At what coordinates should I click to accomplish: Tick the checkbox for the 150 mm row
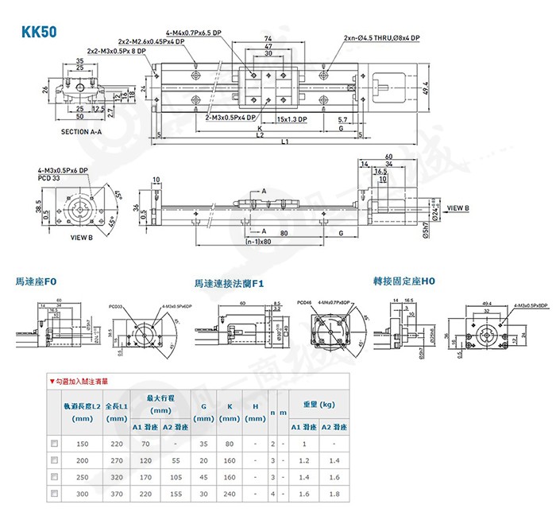tap(54, 443)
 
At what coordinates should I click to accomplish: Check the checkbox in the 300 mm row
tap(54, 494)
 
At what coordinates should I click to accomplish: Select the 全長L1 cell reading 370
tap(116, 494)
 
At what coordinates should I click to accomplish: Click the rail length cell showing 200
tap(83, 460)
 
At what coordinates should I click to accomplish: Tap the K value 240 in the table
tap(230, 494)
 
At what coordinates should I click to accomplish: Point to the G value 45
tap(203, 477)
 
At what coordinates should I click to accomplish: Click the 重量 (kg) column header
tap(319, 404)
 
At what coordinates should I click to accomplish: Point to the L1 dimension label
tap(284, 142)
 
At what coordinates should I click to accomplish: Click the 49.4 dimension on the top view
tap(426, 87)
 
